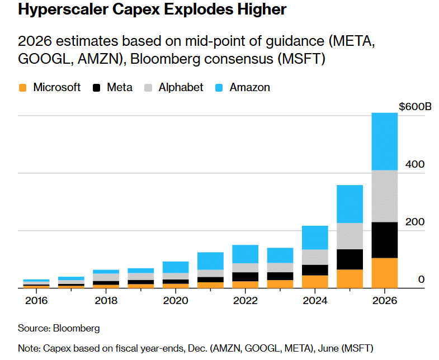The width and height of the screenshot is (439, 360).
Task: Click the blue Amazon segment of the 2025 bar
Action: point(349,204)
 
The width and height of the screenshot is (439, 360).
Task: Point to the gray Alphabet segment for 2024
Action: point(314,257)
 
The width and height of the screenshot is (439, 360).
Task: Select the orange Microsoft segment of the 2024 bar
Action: point(314,282)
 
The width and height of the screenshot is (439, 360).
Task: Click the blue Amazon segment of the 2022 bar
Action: point(245,254)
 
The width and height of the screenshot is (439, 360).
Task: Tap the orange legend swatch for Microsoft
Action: point(23,88)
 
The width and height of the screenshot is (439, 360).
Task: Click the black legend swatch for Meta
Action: point(97,88)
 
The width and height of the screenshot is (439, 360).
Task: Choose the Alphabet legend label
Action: point(181,87)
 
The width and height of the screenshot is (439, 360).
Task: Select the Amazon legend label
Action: point(249,87)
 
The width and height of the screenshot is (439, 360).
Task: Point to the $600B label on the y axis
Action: point(415,107)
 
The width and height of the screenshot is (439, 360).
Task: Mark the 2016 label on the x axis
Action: point(36,300)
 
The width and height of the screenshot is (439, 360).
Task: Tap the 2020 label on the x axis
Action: point(175,300)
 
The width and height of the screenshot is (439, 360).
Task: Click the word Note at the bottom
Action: point(29,348)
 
